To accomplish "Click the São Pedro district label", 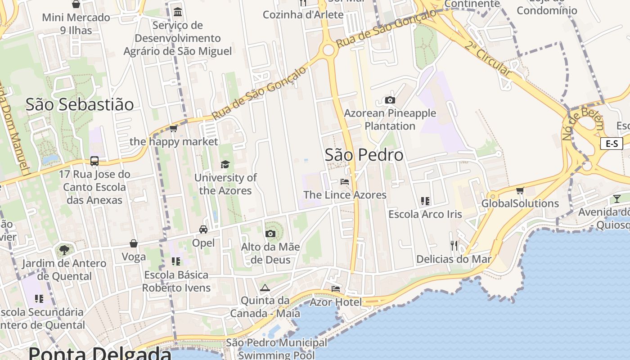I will coord(364,155).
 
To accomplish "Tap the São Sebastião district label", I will coord(80,104).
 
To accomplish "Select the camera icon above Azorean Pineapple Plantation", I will coord(390,100).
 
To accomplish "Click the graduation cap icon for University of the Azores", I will coord(225,164).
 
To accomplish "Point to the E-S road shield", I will coord(612,144).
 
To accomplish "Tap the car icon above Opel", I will coord(203,229).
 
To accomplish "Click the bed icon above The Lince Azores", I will coord(345,182).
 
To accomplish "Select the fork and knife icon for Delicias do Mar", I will coord(454,245).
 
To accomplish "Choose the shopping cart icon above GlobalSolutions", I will coord(520,190).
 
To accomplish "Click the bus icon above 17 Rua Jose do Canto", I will coord(94,161).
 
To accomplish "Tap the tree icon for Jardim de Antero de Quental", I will coord(64,250).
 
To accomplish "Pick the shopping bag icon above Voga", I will coord(134,243).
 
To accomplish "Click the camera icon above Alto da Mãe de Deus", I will coord(270,234).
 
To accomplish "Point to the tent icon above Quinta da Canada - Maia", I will coord(265,288).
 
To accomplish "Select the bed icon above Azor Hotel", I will coord(336,288).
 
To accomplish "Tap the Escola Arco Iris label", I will coord(425,214).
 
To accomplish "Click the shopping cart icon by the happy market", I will coord(173,129).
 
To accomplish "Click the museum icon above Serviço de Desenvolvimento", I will coord(178,12).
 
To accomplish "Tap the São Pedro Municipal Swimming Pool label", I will coord(276,349).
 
